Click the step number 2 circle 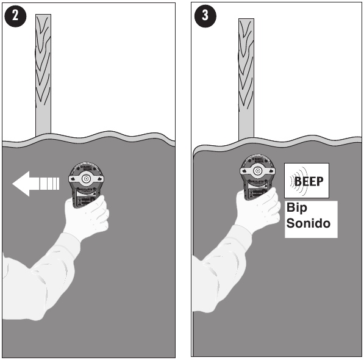16,16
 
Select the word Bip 298,209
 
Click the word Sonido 309,223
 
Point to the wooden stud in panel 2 43,73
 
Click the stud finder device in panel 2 85,180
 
